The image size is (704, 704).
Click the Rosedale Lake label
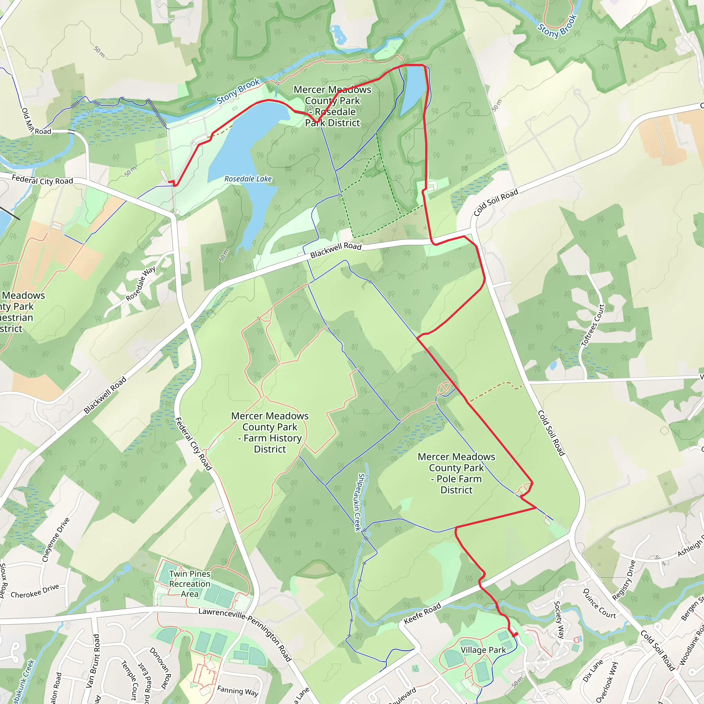tap(248, 179)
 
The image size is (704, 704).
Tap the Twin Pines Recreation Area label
tap(189, 584)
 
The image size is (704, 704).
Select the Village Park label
tap(483, 650)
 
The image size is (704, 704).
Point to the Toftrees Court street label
tap(593, 325)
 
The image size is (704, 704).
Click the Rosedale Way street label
tap(141, 284)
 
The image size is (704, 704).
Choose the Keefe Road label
tap(422, 614)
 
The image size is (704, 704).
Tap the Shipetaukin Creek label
tap(360, 502)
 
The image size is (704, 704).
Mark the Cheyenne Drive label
tap(56, 540)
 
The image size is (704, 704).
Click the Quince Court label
tap(599, 603)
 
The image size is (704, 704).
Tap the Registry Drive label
tap(624, 580)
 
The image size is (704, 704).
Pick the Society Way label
tap(559, 620)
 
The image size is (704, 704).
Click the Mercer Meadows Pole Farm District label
tap(456, 473)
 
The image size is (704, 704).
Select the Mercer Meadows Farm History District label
tap(269, 432)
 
